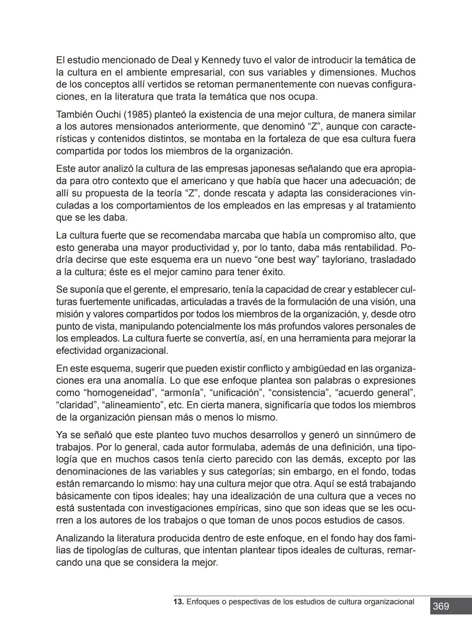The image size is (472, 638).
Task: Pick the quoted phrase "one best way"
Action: point(286,260)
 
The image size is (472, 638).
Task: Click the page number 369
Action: point(441,606)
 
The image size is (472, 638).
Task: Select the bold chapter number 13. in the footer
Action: point(178,602)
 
